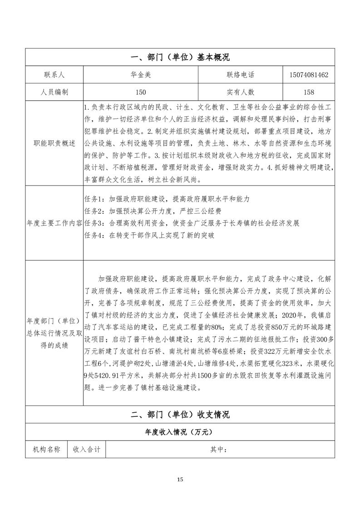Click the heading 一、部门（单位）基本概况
[x=180, y=57]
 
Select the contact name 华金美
[x=140, y=74]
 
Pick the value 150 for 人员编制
[x=140, y=92]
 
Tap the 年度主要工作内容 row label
[x=54, y=223]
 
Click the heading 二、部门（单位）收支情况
[x=180, y=414]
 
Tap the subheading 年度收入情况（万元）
[x=180, y=431]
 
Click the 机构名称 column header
[x=46, y=449]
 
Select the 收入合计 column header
[x=86, y=449]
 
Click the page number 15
[x=180, y=480]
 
